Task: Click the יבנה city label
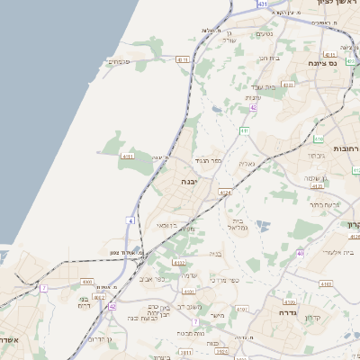coord(190,181)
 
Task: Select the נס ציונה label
coord(346,64)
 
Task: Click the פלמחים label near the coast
coord(119,62)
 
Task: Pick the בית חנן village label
coord(265,58)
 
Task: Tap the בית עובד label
coord(263,86)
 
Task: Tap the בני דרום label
coord(85,301)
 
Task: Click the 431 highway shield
coord(263,4)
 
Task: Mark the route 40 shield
coord(301,254)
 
